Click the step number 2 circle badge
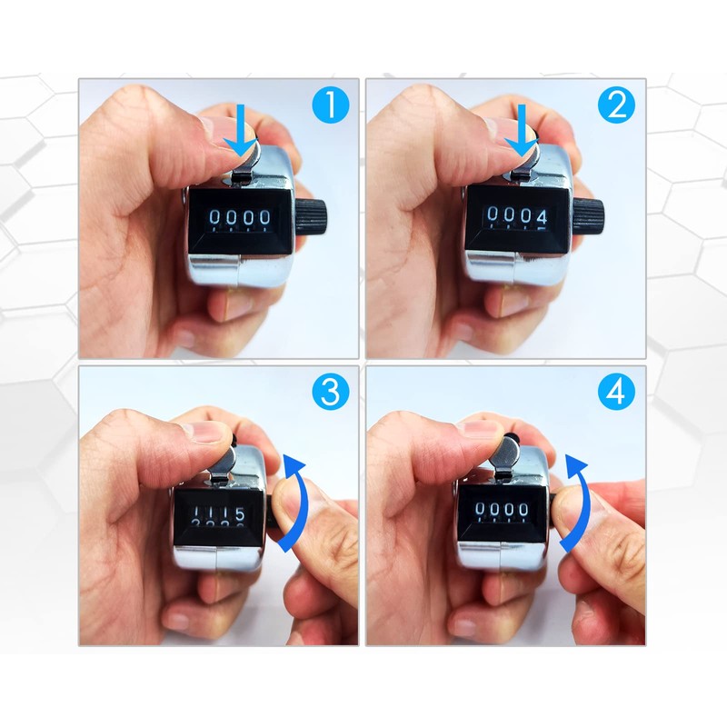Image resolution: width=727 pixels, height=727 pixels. pyautogui.click(x=616, y=106)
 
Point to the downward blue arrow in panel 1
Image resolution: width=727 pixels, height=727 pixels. pyautogui.click(x=240, y=131)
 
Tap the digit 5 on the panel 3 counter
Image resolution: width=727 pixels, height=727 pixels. pyautogui.click(x=239, y=515)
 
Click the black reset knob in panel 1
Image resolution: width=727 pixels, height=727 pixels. pyautogui.click(x=315, y=216)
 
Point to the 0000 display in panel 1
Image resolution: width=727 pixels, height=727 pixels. pyautogui.click(x=239, y=218)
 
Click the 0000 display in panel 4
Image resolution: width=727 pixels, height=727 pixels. pyautogui.click(x=504, y=510)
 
